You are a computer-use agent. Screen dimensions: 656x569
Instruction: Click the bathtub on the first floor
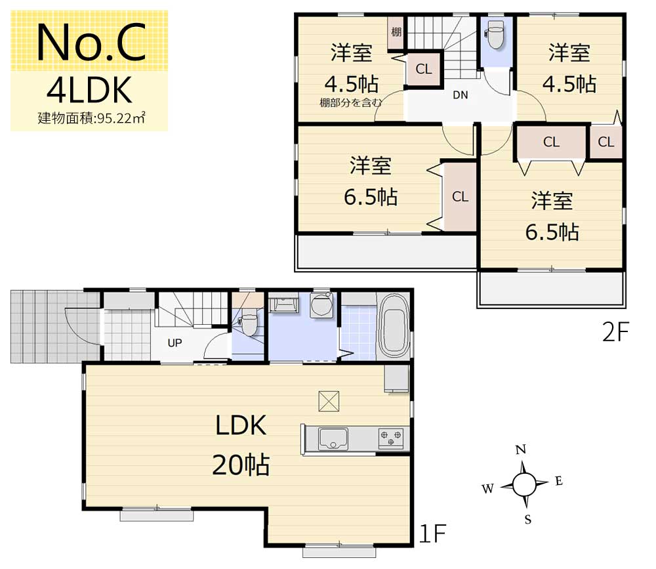coord(394,326)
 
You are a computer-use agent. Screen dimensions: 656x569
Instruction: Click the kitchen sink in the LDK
coord(333,438)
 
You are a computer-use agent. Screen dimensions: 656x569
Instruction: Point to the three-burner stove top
coord(391,438)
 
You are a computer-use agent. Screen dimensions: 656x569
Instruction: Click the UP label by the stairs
coord(175,343)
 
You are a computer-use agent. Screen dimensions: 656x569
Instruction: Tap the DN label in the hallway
coord(461,95)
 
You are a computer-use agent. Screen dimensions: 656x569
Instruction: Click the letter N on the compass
coord(521,450)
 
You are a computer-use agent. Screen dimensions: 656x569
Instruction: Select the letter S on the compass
coord(528,520)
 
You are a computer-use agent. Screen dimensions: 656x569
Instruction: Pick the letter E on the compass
coord(559,481)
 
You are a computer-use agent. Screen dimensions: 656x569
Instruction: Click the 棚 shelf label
coord(396,32)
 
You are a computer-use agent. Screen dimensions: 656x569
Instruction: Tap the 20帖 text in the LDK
coord(241,465)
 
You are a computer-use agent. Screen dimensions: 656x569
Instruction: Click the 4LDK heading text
coord(89,90)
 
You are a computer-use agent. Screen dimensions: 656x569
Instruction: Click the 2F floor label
coord(615,332)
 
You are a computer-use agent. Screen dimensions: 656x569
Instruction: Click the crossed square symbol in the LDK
coord(329,401)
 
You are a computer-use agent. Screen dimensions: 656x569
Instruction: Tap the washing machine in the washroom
coord(321,305)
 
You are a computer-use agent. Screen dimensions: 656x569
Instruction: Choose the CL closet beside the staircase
coord(423,69)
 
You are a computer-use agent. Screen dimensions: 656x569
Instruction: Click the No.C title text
coord(91,42)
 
